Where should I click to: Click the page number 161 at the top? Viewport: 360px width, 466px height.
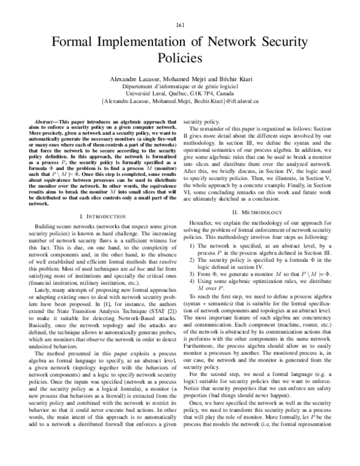click(x=179, y=25)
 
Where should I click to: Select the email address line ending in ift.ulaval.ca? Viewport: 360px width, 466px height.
click(x=179, y=102)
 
